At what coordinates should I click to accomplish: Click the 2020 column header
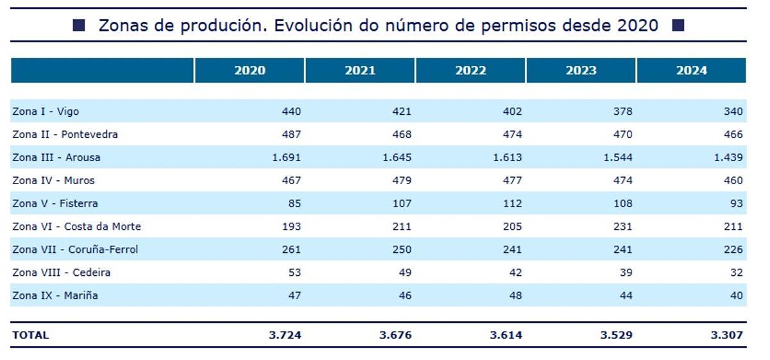(250, 71)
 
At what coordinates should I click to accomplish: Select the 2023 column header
(581, 71)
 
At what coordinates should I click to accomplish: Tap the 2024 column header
(691, 71)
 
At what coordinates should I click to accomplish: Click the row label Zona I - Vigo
(46, 112)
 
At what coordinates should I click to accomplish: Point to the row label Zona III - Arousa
(56, 157)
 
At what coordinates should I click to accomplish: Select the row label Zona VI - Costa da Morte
(76, 227)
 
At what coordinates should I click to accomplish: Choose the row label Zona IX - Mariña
(55, 296)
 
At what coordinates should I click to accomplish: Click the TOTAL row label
(30, 335)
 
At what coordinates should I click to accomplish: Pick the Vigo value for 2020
(291, 112)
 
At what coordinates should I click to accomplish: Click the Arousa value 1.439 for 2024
(728, 157)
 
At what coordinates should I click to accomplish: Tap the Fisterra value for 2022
(512, 203)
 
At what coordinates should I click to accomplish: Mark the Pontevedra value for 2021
(402, 135)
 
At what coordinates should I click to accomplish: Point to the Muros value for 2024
(733, 180)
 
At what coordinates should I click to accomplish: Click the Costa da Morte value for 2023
(622, 227)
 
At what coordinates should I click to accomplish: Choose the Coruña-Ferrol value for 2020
(291, 250)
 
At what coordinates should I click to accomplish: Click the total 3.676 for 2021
(397, 335)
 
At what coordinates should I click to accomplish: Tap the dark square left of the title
(79, 26)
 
